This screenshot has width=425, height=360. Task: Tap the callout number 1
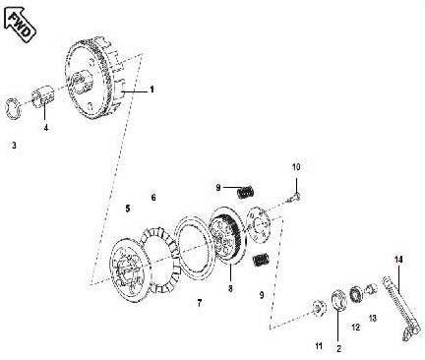152,90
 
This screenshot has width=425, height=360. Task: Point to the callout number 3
14,145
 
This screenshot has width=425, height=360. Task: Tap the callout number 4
44,127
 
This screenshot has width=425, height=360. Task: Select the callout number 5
128,209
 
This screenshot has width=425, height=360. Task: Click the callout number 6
153,198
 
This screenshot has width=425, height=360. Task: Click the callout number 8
230,290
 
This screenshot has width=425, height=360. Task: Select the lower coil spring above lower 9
261,259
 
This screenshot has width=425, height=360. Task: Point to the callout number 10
296,167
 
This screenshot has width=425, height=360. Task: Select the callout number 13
372,318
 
